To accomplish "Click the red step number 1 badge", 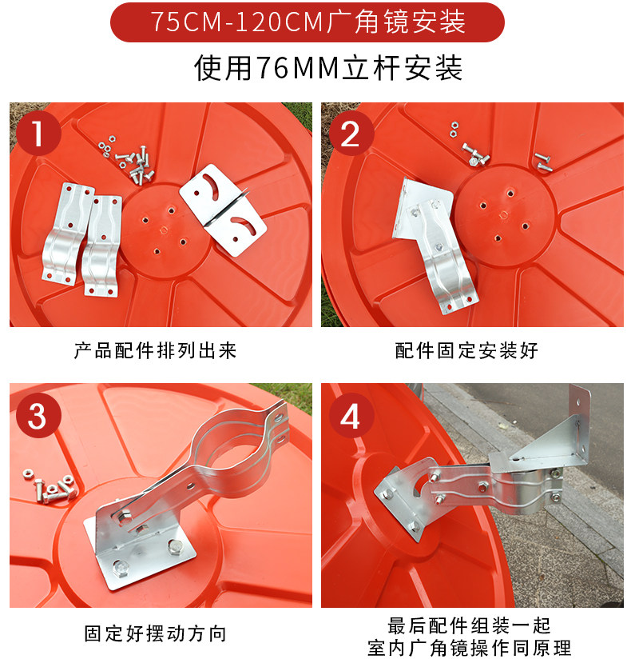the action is coord(38,134).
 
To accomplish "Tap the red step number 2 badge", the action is coord(351,134).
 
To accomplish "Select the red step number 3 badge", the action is coord(38,416).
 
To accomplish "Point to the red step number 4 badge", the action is coord(351,416).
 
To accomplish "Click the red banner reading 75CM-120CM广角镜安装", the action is coord(308,22).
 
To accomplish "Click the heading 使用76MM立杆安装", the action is coord(328,68).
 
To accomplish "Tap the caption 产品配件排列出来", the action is coord(155,351).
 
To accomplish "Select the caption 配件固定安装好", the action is coord(466,351).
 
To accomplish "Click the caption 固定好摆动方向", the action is coord(155,634).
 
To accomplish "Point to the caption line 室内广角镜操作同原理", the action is coord(470,649).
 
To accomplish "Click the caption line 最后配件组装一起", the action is coord(470,625).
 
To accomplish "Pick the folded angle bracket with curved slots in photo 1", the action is coord(223,210).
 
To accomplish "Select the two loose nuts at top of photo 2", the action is coord(454,130).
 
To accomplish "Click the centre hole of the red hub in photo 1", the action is coord(164,230).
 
